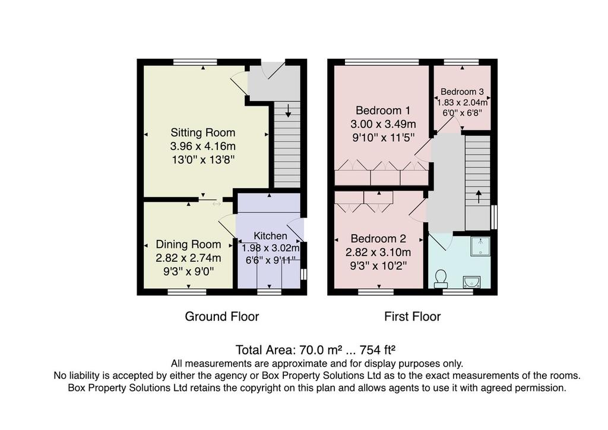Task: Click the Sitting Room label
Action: (203, 132)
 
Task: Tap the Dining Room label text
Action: (188, 244)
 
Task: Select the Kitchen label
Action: (271, 236)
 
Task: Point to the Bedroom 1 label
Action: (382, 110)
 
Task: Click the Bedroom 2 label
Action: (378, 239)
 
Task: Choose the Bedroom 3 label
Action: (462, 92)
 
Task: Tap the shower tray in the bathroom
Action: (480, 246)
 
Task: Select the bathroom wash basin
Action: (474, 280)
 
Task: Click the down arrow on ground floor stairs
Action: (287, 110)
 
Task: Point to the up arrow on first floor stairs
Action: (479, 195)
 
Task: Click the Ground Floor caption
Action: (222, 317)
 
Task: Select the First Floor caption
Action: (412, 317)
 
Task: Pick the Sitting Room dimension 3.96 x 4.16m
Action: (203, 146)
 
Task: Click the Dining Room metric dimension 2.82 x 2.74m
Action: (188, 258)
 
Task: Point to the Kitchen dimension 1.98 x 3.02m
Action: (271, 247)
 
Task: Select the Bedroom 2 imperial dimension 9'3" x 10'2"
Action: (378, 265)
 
